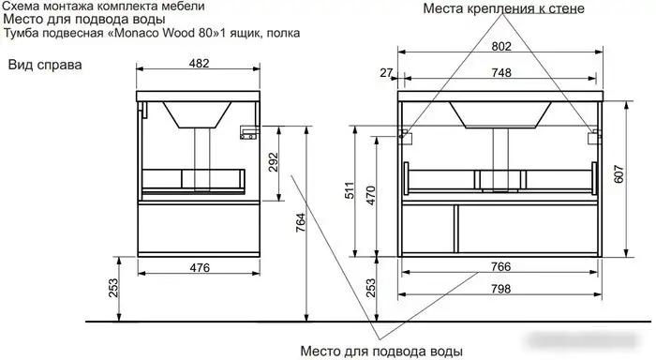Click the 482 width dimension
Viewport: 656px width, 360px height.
[x=198, y=63]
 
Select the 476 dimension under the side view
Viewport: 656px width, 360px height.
[x=198, y=267]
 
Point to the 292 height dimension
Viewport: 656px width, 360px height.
[x=273, y=163]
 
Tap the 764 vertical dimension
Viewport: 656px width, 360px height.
[x=301, y=221]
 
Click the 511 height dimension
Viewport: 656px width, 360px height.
[x=348, y=190]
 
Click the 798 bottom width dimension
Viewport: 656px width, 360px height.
[x=500, y=289]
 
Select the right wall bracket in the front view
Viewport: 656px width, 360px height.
[x=593, y=137]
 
